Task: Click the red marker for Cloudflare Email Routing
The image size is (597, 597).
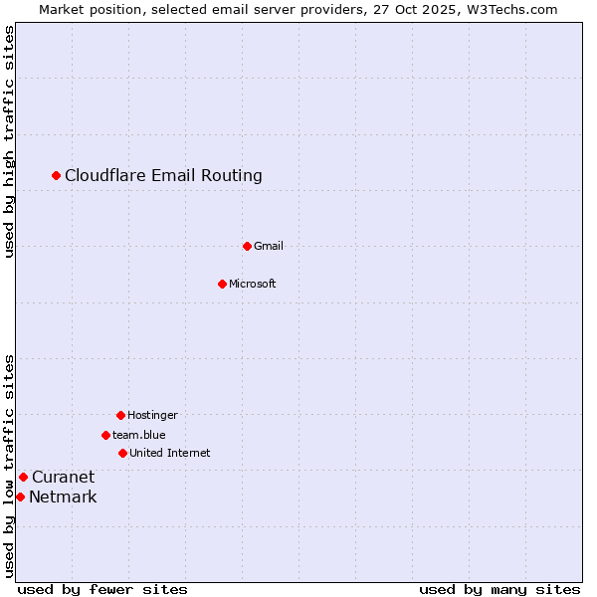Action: click(x=57, y=176)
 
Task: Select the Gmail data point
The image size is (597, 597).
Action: click(x=247, y=246)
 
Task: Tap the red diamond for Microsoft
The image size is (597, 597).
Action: click(x=222, y=284)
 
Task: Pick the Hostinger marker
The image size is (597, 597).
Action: click(x=120, y=415)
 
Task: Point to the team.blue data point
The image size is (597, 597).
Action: click(x=105, y=435)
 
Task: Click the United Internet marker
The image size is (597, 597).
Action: click(x=122, y=453)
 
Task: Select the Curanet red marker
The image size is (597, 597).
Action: click(x=23, y=477)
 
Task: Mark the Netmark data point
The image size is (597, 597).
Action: click(x=20, y=497)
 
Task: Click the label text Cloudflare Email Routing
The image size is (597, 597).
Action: click(x=163, y=176)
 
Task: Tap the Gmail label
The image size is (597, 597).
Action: click(x=269, y=246)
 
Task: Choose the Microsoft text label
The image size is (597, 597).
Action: click(x=253, y=284)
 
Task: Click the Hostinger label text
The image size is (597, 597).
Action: click(x=152, y=415)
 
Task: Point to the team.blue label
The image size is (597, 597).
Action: click(x=139, y=435)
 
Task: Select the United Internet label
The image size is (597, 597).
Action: click(x=170, y=453)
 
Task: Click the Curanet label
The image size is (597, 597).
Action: click(x=63, y=477)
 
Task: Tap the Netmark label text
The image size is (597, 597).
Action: click(x=63, y=497)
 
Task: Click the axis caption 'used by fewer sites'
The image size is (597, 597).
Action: click(x=102, y=589)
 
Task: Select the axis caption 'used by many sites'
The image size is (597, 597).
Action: click(x=499, y=589)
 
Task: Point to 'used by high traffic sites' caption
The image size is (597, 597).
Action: click(x=10, y=141)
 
